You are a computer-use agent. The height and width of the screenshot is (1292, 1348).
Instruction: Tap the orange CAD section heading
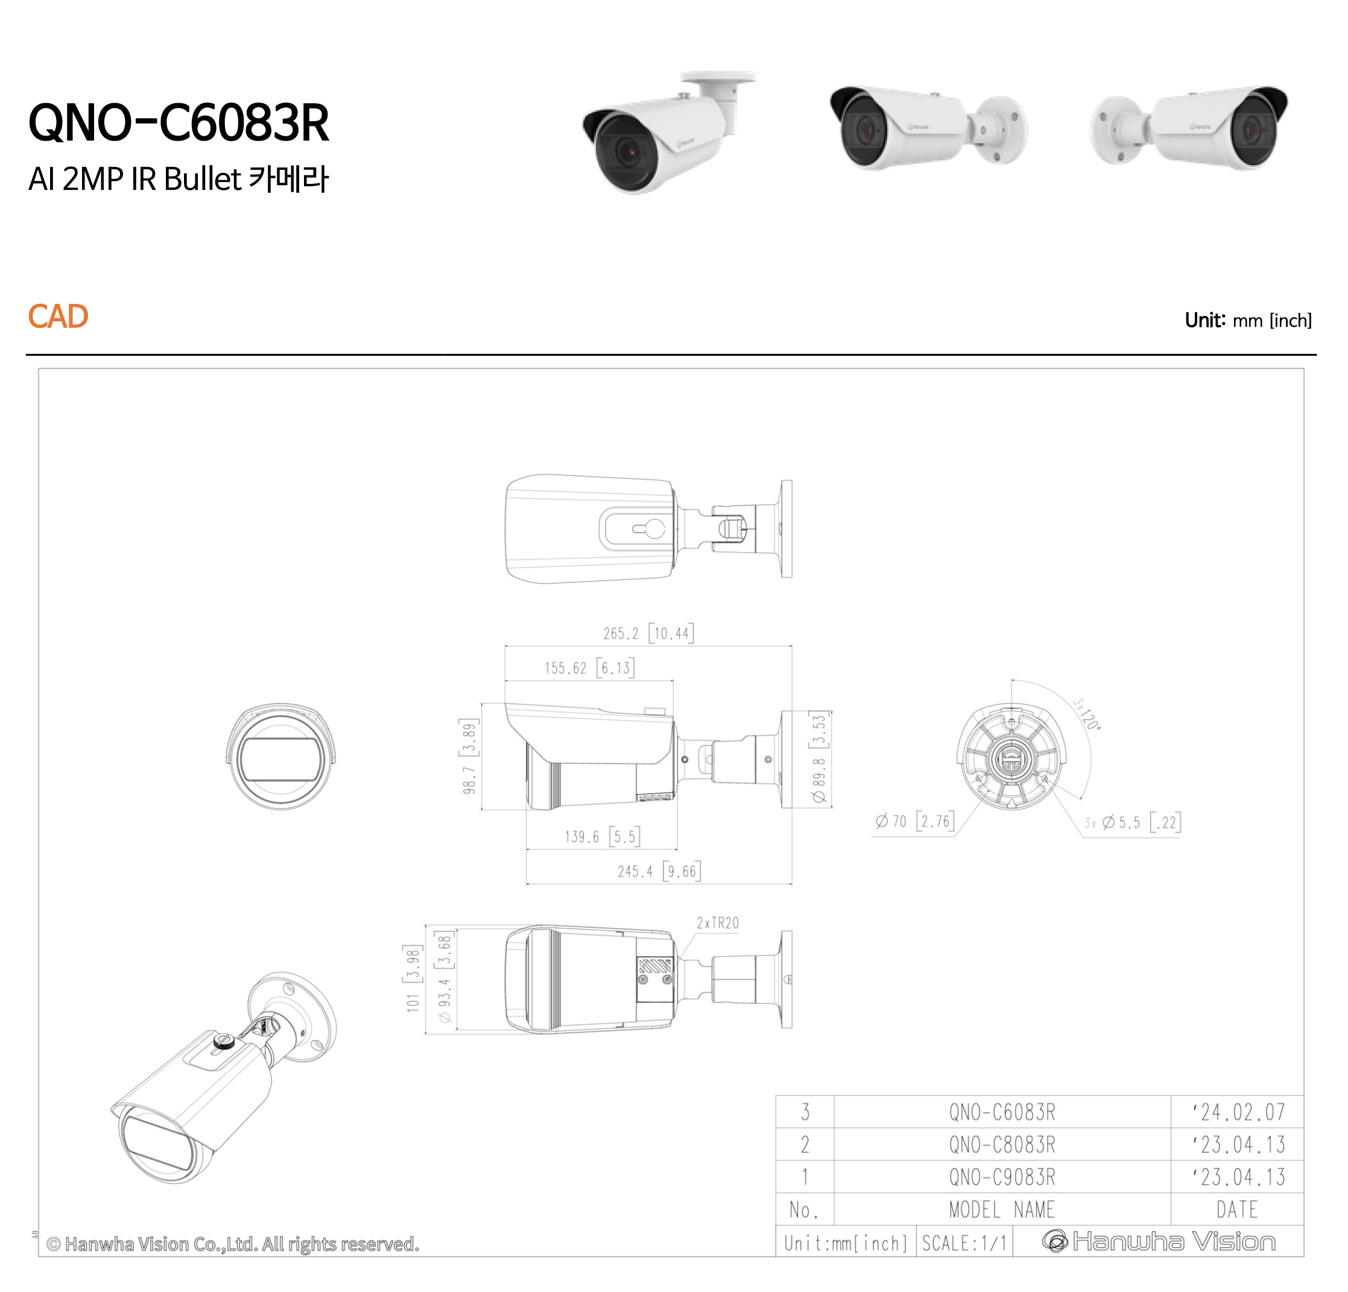tap(58, 317)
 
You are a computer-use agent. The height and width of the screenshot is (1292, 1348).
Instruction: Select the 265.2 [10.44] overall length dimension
tap(648, 633)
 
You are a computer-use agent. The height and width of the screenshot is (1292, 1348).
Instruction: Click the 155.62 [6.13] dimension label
tap(589, 667)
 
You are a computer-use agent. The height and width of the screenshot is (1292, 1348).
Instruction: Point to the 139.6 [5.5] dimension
tap(602, 837)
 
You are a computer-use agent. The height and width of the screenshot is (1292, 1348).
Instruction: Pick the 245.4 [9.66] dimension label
tap(659, 871)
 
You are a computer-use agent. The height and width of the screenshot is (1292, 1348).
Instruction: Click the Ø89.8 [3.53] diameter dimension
tap(818, 758)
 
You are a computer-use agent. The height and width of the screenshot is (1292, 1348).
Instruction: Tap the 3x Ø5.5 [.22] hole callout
tap(1132, 822)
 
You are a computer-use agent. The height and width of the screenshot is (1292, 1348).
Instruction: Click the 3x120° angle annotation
tap(1086, 714)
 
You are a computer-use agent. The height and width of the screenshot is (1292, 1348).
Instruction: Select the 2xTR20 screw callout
tap(717, 923)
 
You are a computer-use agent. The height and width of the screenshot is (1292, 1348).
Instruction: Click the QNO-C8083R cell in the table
tap(1001, 1144)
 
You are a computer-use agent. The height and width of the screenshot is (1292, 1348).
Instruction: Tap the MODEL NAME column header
tap(1001, 1209)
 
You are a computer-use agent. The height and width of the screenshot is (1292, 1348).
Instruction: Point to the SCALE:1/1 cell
tap(964, 1243)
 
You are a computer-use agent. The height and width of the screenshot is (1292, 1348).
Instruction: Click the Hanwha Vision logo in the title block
tap(1158, 1241)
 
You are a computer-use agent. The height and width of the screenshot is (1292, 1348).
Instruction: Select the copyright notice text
tap(232, 1244)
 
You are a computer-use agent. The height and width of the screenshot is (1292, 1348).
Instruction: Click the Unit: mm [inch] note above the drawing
tap(1248, 320)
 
